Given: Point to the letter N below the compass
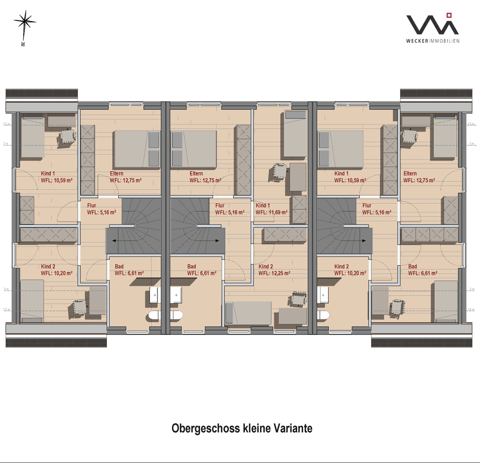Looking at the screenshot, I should (23, 44).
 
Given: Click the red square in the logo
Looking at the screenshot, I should (449, 15).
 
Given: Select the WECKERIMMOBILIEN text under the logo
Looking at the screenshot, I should (433, 41).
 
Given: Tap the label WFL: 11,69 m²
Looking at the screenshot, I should (272, 212).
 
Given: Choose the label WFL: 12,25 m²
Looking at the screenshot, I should (274, 273).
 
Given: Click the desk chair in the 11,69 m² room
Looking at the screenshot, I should (281, 171).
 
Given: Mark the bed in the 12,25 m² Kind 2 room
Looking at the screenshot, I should (248, 313).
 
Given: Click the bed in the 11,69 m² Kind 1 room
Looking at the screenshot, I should (296, 134).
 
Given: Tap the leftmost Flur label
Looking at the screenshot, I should (92, 206).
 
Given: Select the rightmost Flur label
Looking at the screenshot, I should (367, 206).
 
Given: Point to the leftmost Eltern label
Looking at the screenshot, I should (116, 174).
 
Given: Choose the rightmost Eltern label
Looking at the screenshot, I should (410, 174).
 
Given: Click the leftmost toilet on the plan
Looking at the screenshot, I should (154, 316).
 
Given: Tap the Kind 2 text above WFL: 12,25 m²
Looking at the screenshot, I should (266, 267).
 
